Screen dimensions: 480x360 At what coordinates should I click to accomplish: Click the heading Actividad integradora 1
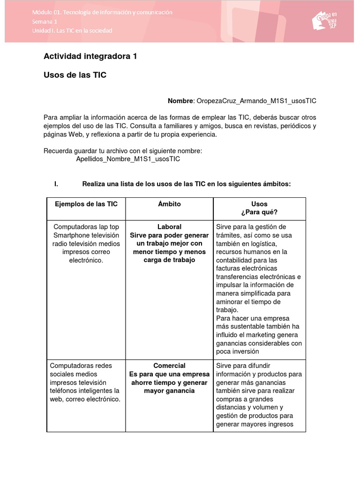(90, 57)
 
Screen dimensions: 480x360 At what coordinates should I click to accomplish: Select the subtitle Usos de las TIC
(75, 75)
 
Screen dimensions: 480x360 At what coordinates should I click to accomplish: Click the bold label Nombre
(180, 101)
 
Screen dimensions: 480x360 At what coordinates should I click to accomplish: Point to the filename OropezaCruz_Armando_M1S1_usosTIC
(256, 101)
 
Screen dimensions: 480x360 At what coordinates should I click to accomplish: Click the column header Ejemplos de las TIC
(86, 204)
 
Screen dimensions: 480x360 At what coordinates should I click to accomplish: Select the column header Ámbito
(169, 204)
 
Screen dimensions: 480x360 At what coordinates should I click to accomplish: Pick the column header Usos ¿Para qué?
(259, 208)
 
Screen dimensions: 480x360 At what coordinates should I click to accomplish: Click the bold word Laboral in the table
(169, 227)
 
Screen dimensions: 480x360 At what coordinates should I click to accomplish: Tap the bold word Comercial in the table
(169, 366)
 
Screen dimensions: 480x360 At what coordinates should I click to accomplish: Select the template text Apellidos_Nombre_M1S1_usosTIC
(128, 159)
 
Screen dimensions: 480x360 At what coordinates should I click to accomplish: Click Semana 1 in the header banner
(45, 22)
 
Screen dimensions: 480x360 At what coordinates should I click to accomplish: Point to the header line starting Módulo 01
(102, 12)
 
